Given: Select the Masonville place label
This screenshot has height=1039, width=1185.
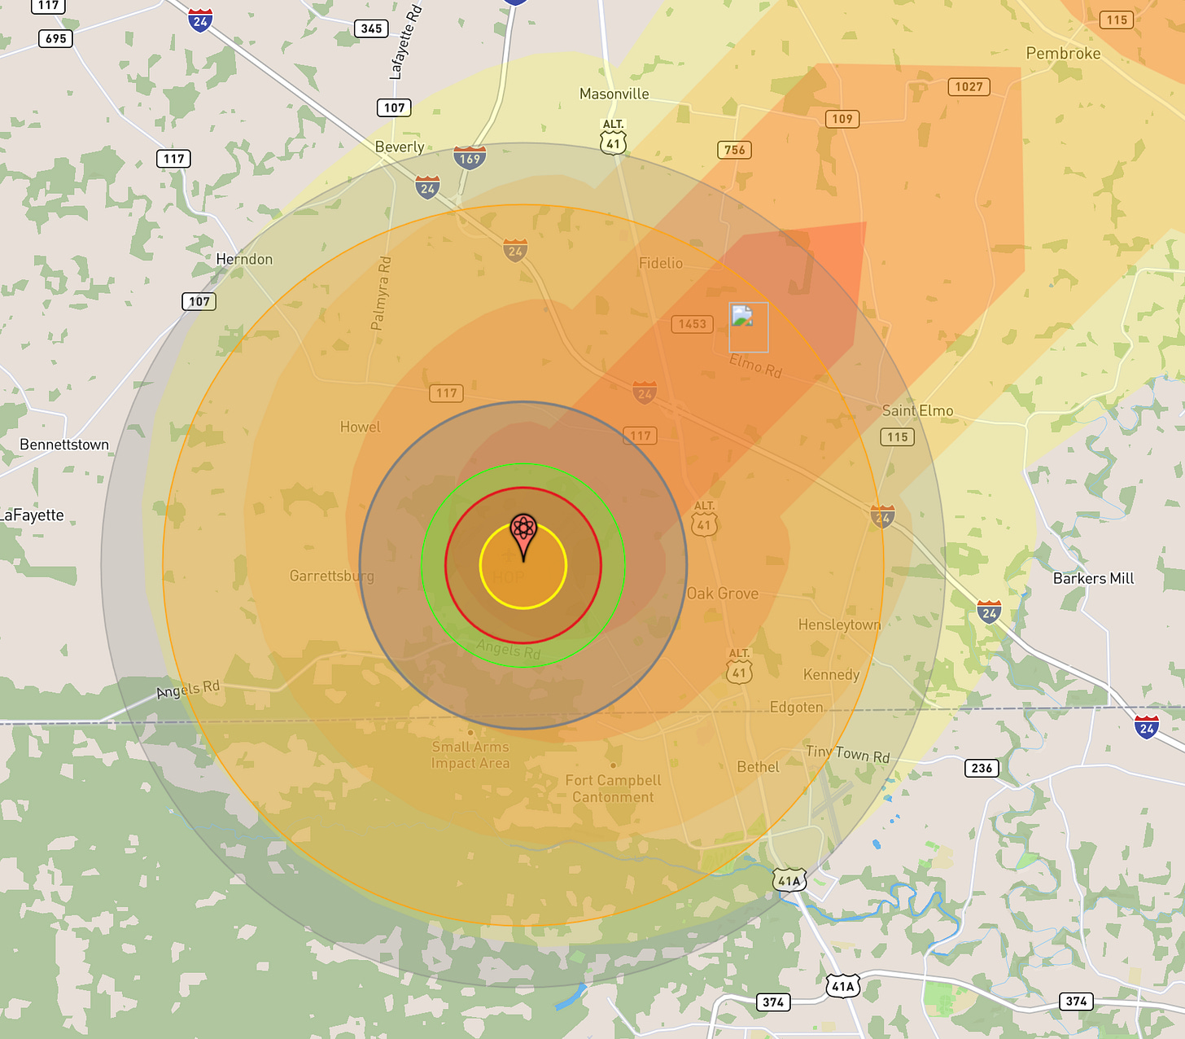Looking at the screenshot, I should (x=614, y=94).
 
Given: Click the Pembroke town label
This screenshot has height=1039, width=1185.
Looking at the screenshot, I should (x=1063, y=54).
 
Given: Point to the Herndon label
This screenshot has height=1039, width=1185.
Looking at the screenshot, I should (x=244, y=259).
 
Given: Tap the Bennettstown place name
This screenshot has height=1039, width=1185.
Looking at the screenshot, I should (x=64, y=445).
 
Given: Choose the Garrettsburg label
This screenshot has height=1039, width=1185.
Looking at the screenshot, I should (x=332, y=576).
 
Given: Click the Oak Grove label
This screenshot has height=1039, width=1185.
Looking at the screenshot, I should (x=723, y=594).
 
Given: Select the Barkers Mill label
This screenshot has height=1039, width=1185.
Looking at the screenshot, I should (x=1093, y=578).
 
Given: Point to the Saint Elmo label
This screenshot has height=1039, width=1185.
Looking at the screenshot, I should (x=917, y=411).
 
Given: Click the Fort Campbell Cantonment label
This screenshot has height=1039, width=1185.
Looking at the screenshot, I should (x=613, y=788).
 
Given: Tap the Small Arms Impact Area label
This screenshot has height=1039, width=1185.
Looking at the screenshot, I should (x=470, y=755).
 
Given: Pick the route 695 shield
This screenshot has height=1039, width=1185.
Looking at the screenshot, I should (x=56, y=38).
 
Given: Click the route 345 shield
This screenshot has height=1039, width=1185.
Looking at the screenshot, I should (x=371, y=28).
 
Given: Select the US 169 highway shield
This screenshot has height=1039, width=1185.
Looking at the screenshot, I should (x=470, y=158).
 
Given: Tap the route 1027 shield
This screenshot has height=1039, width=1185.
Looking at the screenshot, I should (x=969, y=87).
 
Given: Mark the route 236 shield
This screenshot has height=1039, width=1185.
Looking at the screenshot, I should (x=982, y=768).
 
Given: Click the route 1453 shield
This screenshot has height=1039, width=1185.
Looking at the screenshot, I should (x=692, y=324).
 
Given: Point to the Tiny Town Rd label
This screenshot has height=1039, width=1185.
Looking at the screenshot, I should (x=847, y=754).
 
